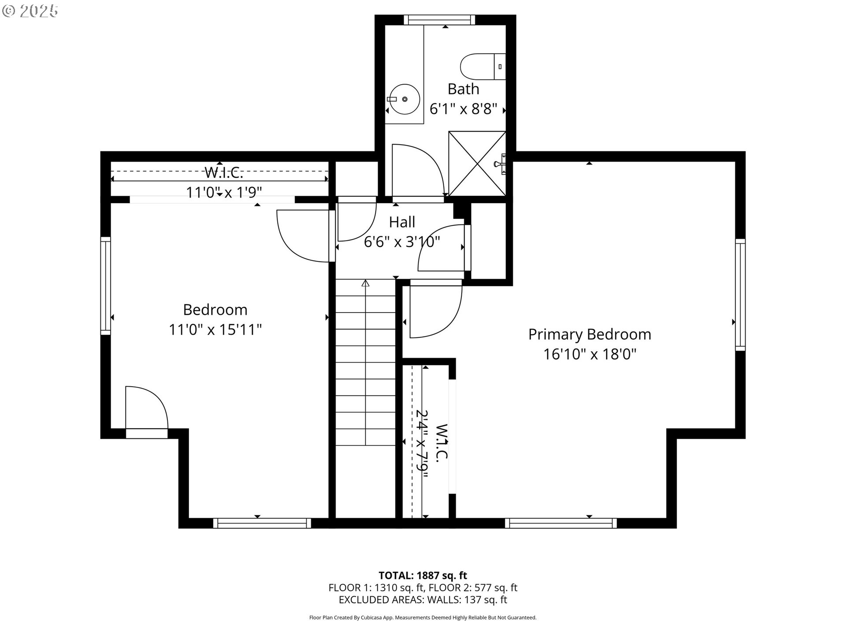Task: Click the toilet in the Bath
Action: (482, 67)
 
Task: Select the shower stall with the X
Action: (477, 164)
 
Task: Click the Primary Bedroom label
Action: (590, 334)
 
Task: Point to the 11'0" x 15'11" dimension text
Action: (215, 329)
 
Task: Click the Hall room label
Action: (402, 222)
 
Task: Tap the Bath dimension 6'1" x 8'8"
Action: (463, 109)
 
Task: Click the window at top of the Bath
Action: (439, 20)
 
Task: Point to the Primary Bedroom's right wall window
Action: (740, 295)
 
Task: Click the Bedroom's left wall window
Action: (105, 286)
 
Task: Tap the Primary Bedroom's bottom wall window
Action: (560, 523)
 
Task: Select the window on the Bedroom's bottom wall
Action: (262, 523)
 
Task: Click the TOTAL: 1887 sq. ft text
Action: (423, 575)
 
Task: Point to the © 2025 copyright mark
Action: (30, 11)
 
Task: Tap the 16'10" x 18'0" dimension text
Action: (590, 354)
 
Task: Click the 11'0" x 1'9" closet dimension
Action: (224, 193)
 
